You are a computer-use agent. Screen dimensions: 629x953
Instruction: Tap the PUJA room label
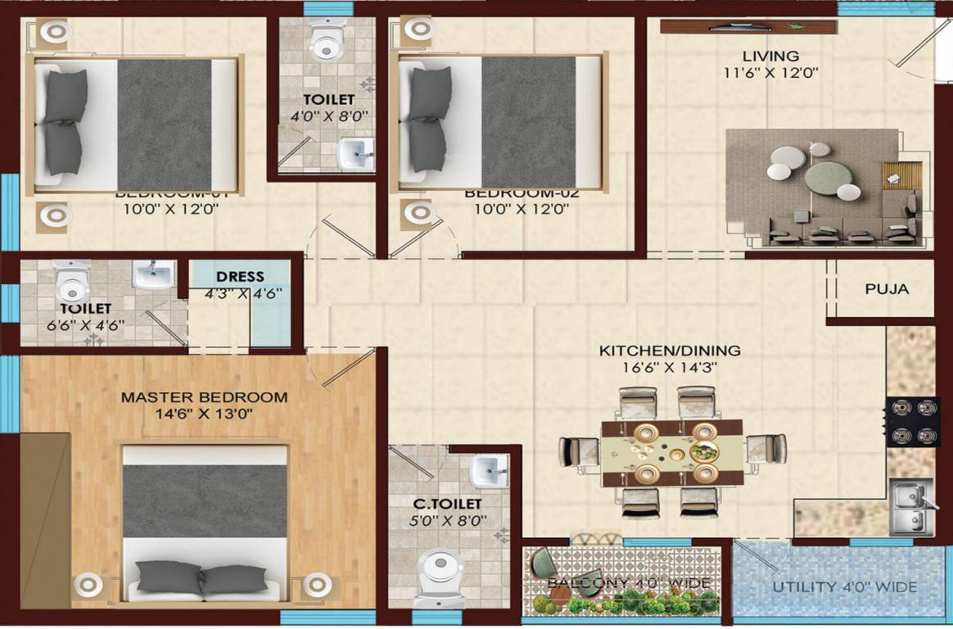[x=887, y=289]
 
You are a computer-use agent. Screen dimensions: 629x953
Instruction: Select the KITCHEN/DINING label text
[x=670, y=351]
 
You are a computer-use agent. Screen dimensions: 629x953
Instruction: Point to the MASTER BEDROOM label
[x=204, y=397]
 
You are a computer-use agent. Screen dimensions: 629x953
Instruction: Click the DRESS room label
[x=240, y=277]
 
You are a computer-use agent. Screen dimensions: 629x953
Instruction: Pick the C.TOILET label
[x=446, y=504]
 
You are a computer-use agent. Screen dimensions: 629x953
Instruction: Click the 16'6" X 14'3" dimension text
[x=670, y=368]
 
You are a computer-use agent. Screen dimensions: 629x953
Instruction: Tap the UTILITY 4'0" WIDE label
[x=845, y=587]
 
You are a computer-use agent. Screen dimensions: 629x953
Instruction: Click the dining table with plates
[x=671, y=453]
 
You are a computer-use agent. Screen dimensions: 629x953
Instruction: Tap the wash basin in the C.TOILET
[x=489, y=470]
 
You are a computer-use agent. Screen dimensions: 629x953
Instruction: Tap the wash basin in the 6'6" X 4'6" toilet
[x=153, y=274]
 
